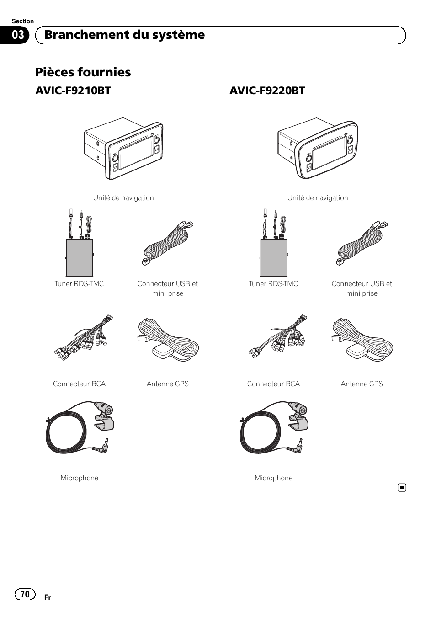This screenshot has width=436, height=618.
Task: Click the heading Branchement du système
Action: point(124,35)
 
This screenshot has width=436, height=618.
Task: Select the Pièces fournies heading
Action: point(83,72)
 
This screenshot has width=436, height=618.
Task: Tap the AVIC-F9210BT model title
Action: point(73,91)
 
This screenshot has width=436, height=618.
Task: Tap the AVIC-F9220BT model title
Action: point(267,91)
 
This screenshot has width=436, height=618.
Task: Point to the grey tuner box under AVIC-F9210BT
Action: point(80,258)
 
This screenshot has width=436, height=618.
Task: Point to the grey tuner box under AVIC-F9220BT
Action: point(274,258)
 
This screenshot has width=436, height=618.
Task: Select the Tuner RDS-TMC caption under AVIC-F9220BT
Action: point(273,283)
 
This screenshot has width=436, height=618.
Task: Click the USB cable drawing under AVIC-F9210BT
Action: point(168,243)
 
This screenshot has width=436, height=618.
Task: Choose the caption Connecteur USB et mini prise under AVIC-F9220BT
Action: point(362,288)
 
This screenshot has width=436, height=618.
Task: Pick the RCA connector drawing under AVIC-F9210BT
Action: point(84,337)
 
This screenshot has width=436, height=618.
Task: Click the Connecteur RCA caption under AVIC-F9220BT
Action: point(273,384)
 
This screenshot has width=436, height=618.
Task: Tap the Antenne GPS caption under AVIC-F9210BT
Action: point(167,384)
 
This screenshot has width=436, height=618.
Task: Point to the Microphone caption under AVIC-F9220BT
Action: point(274,478)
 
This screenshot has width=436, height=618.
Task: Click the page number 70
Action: point(25,594)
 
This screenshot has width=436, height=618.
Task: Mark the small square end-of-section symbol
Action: point(402,488)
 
